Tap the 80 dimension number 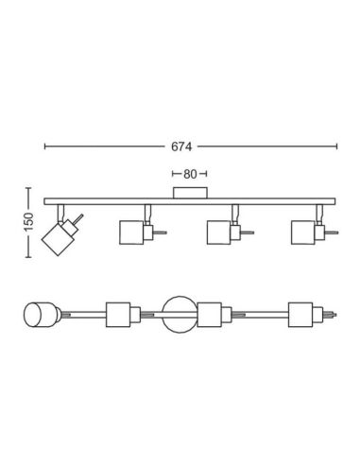190,175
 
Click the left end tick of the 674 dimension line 45,147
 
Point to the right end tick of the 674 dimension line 336,147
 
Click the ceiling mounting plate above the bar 191,193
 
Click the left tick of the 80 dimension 172,175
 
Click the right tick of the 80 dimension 210,175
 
